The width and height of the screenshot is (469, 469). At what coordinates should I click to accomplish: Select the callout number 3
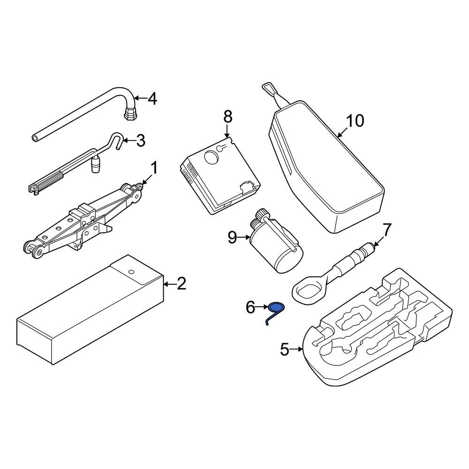click(140, 140)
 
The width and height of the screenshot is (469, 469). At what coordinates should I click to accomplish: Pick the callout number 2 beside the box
click(181, 283)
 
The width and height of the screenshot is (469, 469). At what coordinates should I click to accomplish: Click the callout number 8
click(227, 116)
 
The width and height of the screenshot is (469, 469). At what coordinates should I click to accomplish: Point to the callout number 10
click(355, 121)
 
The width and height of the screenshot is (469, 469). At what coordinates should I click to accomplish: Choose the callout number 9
click(233, 238)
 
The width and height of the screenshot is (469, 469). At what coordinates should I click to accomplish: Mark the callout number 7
click(386, 230)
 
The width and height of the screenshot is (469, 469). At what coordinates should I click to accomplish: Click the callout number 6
click(250, 308)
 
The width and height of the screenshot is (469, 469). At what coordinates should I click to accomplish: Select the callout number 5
click(285, 349)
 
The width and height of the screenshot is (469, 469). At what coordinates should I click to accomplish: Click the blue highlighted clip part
click(277, 308)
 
